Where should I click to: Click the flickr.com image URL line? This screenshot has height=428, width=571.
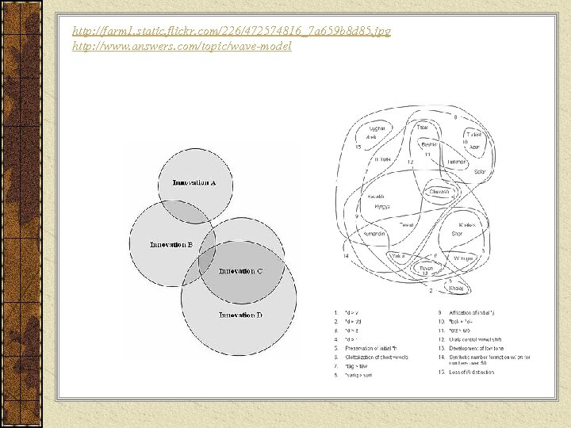pos(231,32)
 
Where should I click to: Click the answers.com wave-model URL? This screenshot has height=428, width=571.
pos(182,47)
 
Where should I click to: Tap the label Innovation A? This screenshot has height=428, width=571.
pos(194,184)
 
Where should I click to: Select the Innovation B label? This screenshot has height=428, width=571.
pos(172,245)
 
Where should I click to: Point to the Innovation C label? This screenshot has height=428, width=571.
pos(241,271)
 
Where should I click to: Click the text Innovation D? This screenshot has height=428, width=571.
pos(240,315)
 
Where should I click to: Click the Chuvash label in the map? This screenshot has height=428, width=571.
pos(439,192)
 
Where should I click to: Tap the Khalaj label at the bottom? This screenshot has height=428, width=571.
pos(456,289)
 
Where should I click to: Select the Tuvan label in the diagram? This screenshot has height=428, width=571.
pos(427,268)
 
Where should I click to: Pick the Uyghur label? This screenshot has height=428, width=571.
pos(377,128)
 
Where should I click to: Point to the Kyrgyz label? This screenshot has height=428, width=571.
pos(382,206)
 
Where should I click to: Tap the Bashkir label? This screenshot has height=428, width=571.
pos(429,144)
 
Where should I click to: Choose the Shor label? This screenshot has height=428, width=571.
pos(456,234)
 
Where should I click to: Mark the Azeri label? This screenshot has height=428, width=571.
pos(474,147)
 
